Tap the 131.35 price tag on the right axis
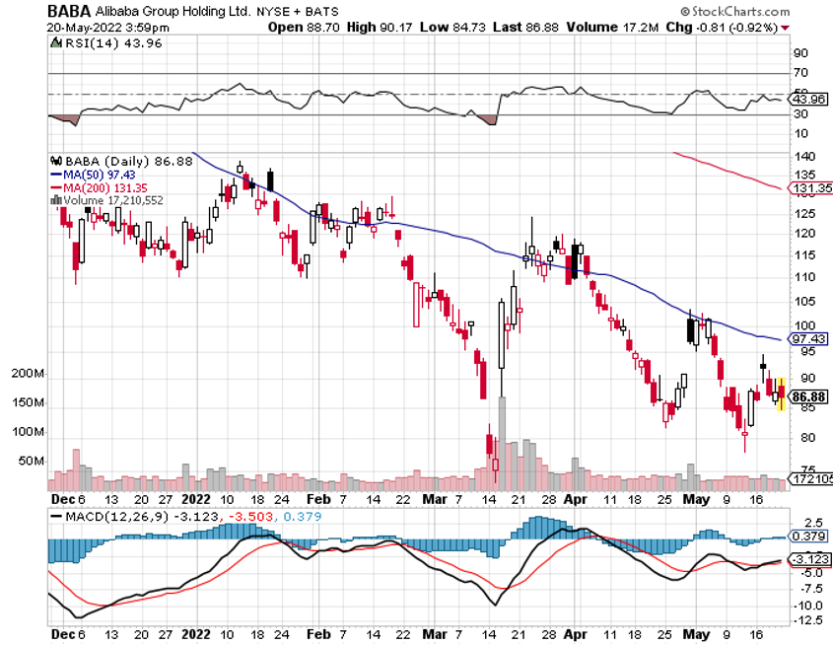[812, 187]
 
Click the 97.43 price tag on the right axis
[812, 338]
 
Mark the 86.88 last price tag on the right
[812, 395]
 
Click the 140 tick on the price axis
[804, 158]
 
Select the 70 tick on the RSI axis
[801, 73]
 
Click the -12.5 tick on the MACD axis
[807, 619]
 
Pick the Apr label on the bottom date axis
[577, 636]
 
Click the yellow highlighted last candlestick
[782, 394]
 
